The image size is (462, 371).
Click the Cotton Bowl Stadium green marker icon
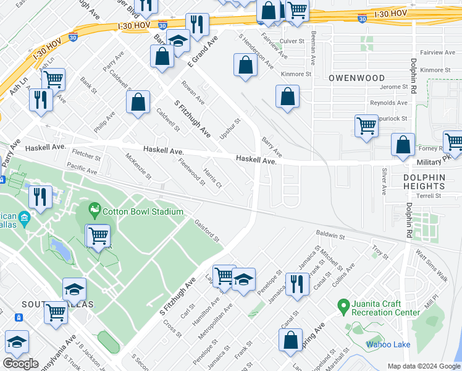pos(94,211)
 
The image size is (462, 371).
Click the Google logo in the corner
pos(20,364)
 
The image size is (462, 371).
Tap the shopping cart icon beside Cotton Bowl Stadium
pos(98,236)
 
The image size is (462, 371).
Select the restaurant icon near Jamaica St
pos(297,284)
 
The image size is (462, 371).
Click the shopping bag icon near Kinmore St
pos(287,96)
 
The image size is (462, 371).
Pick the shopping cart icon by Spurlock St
pos(367,126)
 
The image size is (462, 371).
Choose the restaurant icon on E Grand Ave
pos(197,25)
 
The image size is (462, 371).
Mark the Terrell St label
pos(428,195)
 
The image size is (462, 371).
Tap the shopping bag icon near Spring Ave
pos(290,340)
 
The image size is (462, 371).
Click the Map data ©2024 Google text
pos(423,366)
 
